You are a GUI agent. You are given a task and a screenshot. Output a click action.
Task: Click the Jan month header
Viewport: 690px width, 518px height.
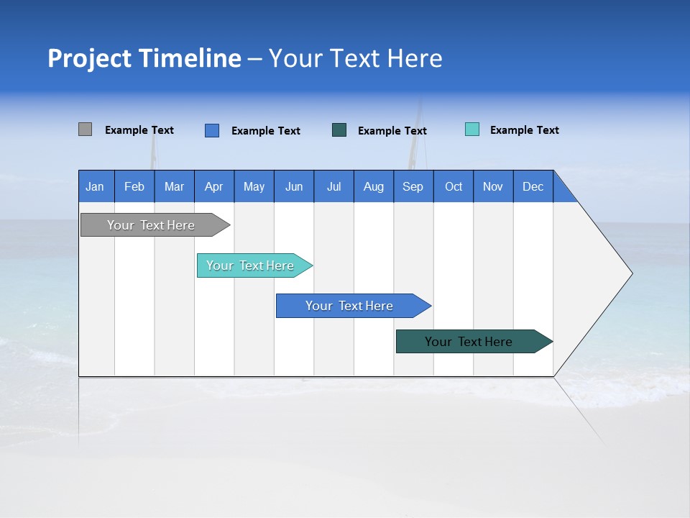click(x=96, y=186)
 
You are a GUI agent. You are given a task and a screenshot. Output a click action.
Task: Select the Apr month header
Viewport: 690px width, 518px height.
click(x=214, y=186)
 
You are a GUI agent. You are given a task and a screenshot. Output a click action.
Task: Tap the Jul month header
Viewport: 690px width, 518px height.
click(x=333, y=186)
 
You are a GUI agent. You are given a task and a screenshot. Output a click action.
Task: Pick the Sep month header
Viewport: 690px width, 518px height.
click(x=413, y=186)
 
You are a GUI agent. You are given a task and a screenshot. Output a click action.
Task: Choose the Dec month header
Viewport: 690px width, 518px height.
click(x=533, y=186)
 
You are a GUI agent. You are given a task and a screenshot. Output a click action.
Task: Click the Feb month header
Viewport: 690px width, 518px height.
click(x=134, y=186)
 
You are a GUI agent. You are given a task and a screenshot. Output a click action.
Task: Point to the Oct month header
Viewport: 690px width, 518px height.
click(x=454, y=186)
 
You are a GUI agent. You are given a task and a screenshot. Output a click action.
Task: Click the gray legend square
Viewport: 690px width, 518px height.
click(x=85, y=129)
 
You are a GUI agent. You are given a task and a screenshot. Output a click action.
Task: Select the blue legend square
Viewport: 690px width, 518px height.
click(x=211, y=130)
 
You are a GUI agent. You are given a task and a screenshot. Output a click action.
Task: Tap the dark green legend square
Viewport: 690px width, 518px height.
click(x=339, y=130)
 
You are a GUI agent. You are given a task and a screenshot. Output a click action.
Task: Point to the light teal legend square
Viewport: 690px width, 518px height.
click(x=472, y=129)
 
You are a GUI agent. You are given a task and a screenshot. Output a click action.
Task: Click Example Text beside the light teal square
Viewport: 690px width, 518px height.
click(x=524, y=130)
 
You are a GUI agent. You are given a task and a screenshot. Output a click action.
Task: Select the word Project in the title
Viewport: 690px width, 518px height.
click(x=89, y=58)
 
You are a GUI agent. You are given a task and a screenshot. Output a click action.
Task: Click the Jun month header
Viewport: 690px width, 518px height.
click(x=294, y=186)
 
